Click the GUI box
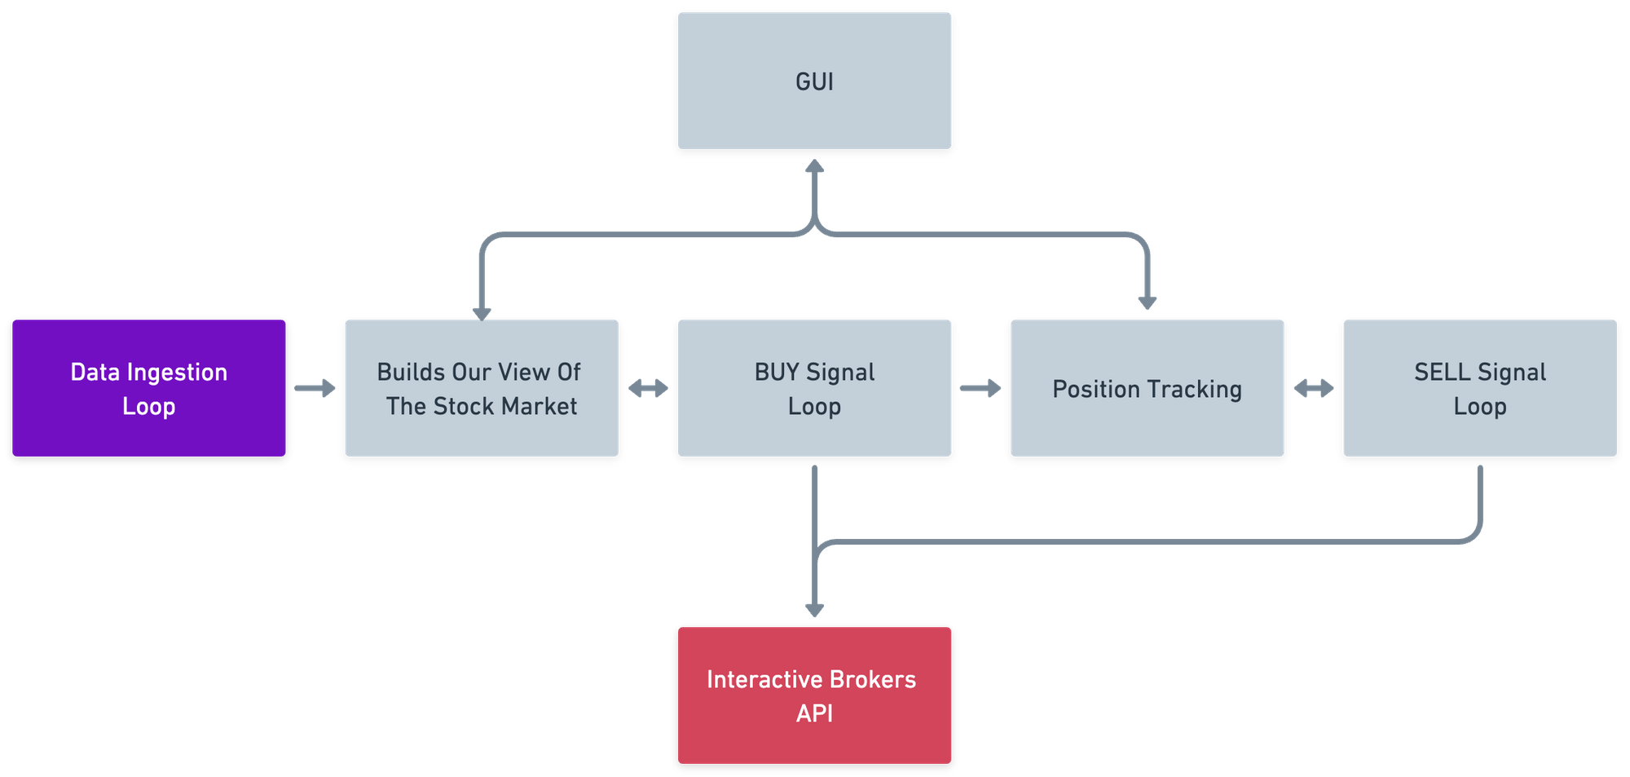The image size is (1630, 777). coord(814,81)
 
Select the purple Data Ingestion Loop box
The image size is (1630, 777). coord(149,388)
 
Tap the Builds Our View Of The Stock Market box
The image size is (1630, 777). coord(481,388)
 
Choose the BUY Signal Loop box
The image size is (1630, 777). coord(814,388)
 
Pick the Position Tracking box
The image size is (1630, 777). coord(1147,388)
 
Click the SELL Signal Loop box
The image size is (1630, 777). coord(1479,388)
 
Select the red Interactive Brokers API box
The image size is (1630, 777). coord(814,695)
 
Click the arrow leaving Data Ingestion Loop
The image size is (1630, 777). coord(315,388)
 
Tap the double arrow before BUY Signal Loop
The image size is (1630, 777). coord(648,388)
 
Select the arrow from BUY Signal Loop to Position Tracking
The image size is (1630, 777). coord(980,388)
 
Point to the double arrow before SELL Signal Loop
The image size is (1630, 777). coord(1313,388)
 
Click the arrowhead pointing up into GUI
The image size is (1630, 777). coord(814,167)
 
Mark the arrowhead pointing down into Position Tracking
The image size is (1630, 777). coord(1148,302)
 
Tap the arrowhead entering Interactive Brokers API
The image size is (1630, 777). coord(814,609)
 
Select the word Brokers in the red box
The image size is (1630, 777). coord(873,680)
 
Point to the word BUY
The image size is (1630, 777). coord(777,373)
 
